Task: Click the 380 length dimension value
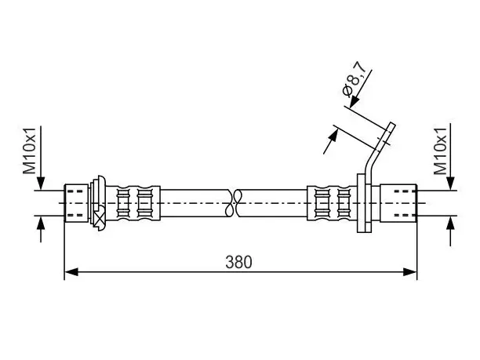click(238, 262)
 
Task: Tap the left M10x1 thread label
click(30, 151)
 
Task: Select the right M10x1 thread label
click(441, 151)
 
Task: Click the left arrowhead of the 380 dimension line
click(71, 271)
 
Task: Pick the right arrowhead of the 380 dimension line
click(409, 271)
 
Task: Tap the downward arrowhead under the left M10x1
click(41, 184)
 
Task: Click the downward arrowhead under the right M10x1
click(450, 184)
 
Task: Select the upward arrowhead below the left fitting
click(41, 223)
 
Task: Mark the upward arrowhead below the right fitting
click(450, 223)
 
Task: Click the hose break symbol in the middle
click(234, 203)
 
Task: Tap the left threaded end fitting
click(76, 202)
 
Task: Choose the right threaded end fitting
click(398, 203)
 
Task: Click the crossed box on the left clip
click(99, 218)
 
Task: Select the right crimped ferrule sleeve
click(332, 203)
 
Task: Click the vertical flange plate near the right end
click(364, 203)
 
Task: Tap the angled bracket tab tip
click(392, 124)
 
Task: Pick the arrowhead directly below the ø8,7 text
click(355, 102)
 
